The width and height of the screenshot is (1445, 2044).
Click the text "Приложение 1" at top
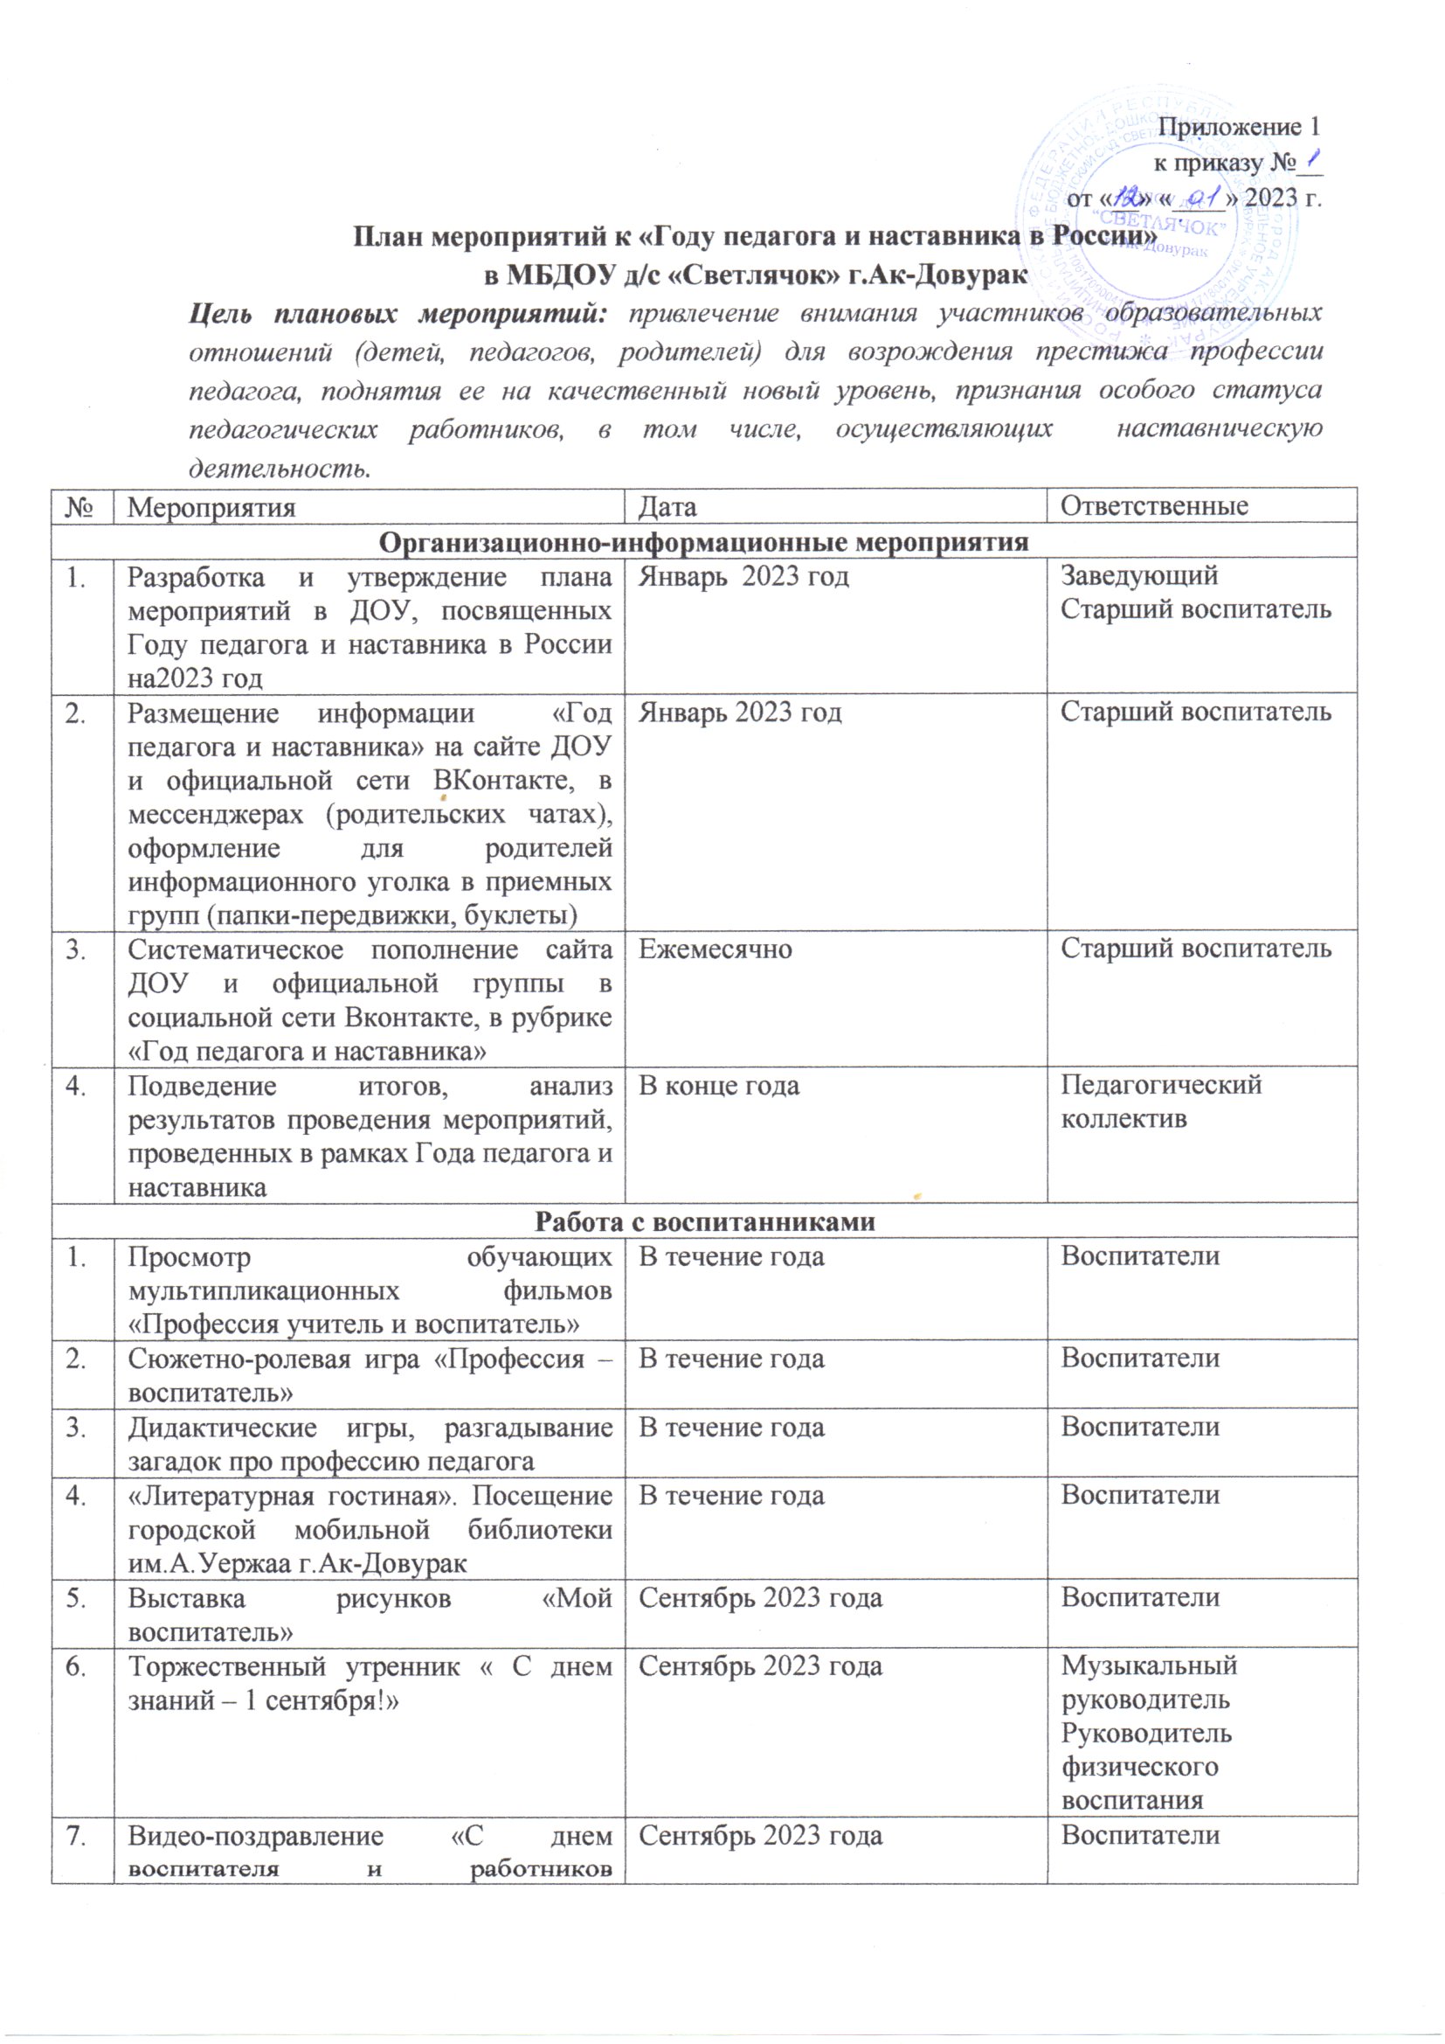(x=1239, y=127)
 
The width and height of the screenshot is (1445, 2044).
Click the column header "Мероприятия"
(x=211, y=506)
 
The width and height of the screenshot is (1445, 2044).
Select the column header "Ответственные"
(x=1154, y=506)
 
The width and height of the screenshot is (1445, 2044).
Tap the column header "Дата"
(x=668, y=506)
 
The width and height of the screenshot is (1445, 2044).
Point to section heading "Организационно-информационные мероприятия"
(x=704, y=541)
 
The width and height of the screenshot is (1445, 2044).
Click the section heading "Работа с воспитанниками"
(x=704, y=1221)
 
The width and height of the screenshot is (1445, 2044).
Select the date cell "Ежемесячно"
(x=716, y=949)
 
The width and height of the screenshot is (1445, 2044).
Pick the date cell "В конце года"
(x=719, y=1085)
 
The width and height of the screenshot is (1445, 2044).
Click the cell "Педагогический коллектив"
(x=1160, y=1102)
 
